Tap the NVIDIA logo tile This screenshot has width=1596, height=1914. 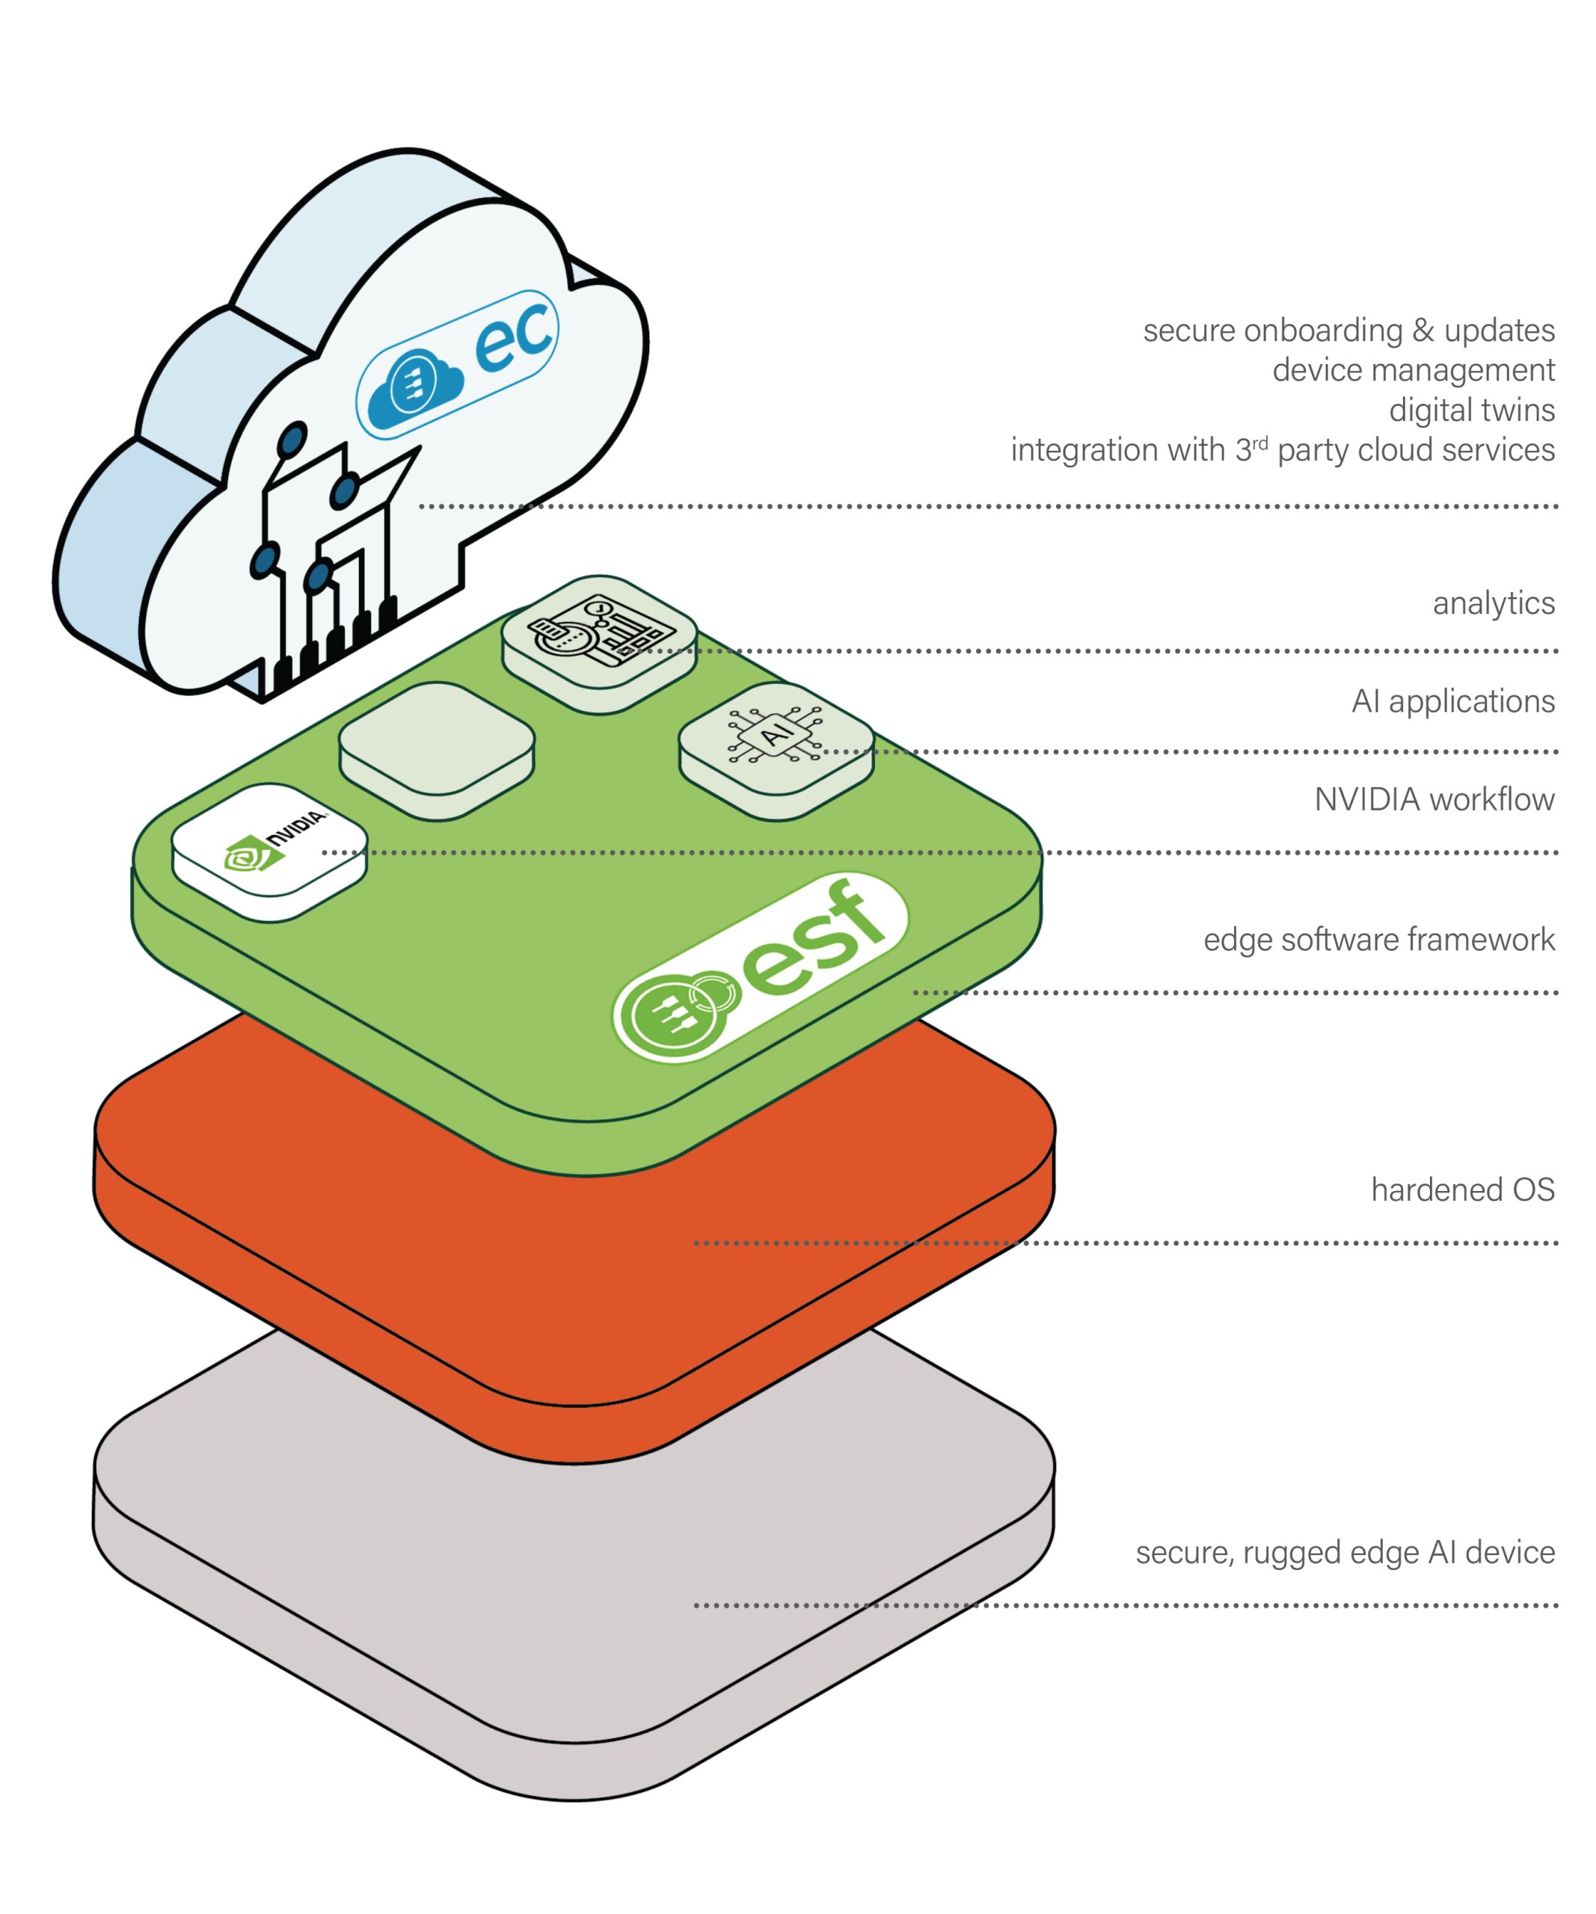tap(269, 852)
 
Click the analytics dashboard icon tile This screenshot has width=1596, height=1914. tap(600, 644)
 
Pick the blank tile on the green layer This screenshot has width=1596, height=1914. tap(437, 751)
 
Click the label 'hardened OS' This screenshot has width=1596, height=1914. tap(1462, 1190)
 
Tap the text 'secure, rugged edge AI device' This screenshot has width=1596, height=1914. tap(1345, 1552)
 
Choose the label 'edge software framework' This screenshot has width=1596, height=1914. tap(1378, 940)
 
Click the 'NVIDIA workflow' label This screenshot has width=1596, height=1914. tap(1434, 799)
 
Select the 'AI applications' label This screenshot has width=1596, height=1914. tap(1453, 702)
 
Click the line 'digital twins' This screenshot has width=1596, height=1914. tap(1471, 410)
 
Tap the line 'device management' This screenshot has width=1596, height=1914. tap(1413, 370)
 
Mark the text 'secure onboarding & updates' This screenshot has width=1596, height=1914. tap(1348, 330)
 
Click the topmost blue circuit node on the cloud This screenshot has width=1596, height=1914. tap(292, 440)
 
